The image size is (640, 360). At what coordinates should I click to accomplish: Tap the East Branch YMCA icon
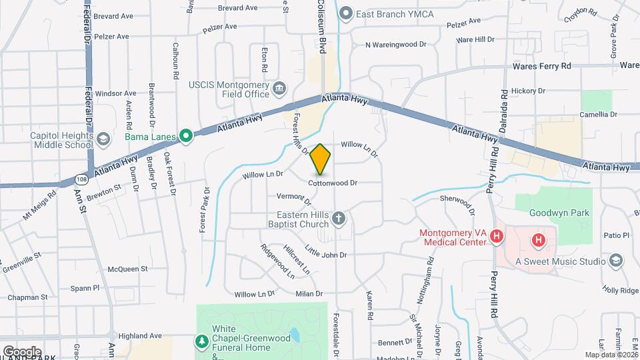(x=345, y=13)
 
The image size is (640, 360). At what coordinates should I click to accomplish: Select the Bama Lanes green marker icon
(x=186, y=137)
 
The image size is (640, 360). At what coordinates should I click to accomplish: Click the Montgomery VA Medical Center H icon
(x=495, y=236)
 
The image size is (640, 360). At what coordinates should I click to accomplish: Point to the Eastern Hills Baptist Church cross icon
(x=339, y=218)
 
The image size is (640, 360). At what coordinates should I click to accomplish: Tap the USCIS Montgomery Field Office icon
(x=281, y=87)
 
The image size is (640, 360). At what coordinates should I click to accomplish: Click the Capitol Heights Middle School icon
(x=103, y=139)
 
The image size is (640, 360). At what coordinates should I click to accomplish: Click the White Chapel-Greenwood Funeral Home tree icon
(x=201, y=341)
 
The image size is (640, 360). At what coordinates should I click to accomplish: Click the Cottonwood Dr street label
(x=333, y=183)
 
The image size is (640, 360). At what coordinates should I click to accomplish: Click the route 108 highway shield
(x=81, y=179)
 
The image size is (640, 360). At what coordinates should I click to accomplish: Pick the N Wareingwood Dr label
(x=395, y=45)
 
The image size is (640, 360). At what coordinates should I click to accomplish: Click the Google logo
(x=21, y=352)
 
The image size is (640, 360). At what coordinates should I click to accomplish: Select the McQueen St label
(x=127, y=269)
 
